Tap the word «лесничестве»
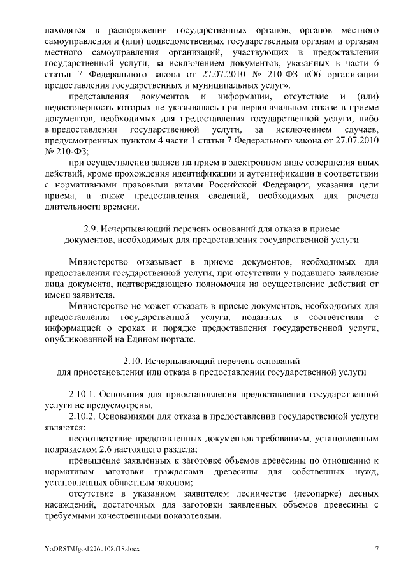(x=232, y=494)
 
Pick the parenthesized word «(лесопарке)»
(x=294, y=494)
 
